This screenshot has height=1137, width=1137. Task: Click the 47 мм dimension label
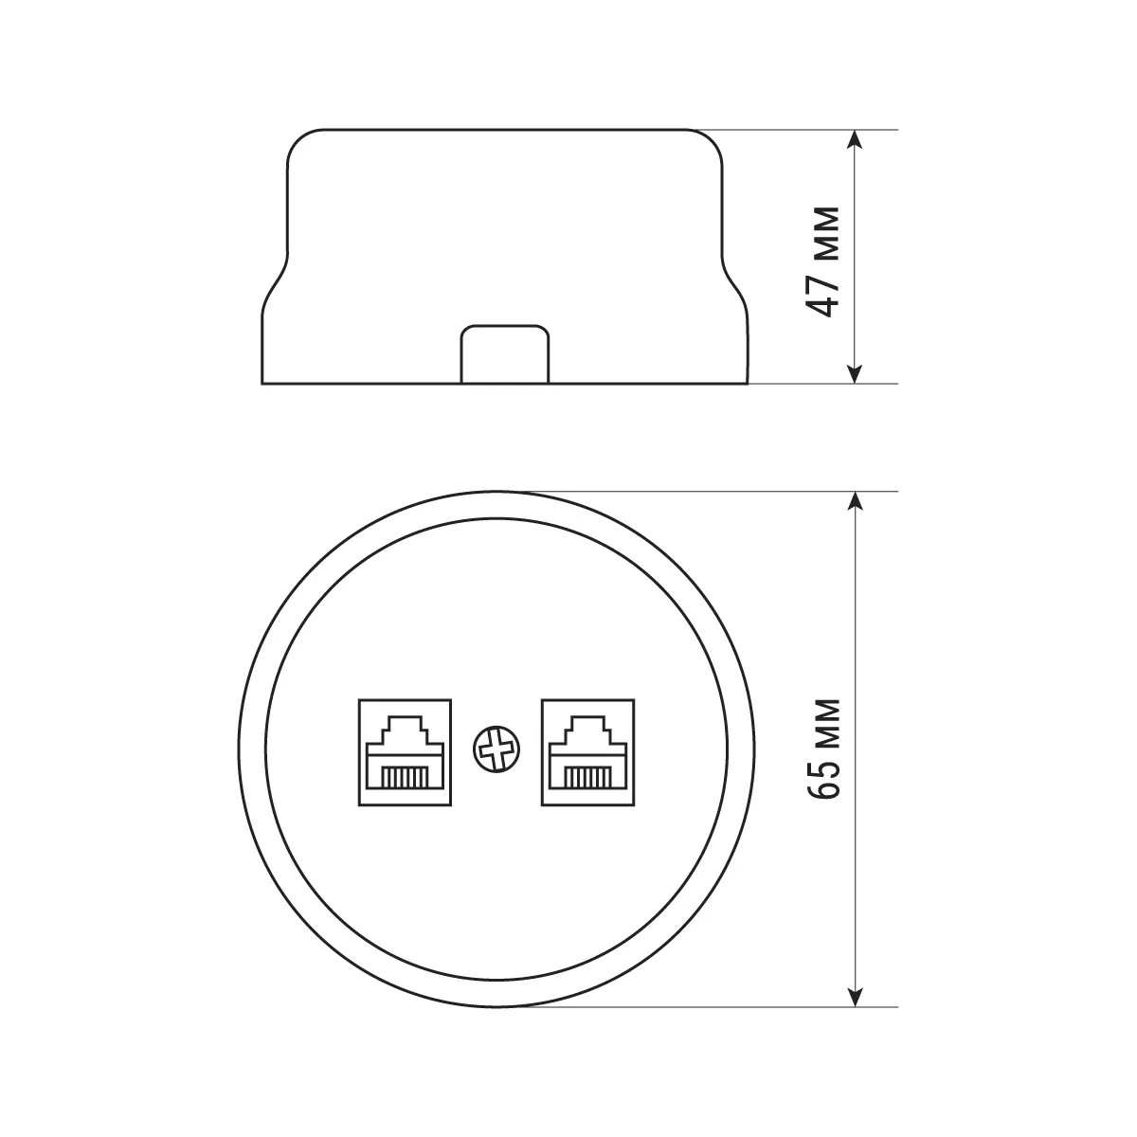pos(823,262)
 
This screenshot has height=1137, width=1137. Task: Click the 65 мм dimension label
pos(823,749)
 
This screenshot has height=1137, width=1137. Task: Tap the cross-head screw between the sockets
pos(496,749)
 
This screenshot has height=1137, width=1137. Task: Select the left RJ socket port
pos(405,752)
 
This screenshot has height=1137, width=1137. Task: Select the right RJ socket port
pos(587,752)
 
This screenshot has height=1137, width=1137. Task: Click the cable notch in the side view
pos(504,354)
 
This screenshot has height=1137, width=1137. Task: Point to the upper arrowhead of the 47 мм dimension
pos(855,139)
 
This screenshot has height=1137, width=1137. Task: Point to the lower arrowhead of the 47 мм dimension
pos(855,374)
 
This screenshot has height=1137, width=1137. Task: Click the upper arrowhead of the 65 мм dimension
pos(855,501)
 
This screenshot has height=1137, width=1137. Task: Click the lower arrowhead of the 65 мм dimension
pos(855,997)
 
